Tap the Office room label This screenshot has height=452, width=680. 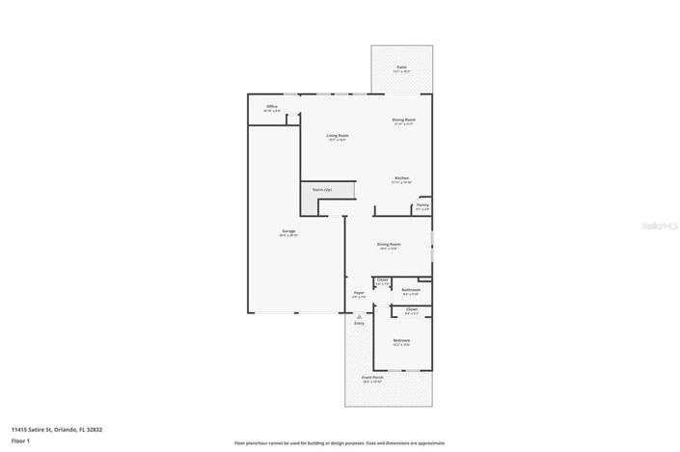click(272, 108)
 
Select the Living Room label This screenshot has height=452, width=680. click(338, 137)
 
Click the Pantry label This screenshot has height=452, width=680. click(422, 205)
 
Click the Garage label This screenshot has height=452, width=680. click(288, 232)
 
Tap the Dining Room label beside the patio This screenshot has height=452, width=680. click(403, 121)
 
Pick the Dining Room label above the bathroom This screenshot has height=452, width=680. click(389, 246)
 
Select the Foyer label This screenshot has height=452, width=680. click(358, 294)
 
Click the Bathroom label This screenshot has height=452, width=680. click(411, 291)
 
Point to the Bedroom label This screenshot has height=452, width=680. click(401, 342)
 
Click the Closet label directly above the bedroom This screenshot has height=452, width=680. click(412, 311)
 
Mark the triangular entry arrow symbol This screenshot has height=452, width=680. click(359, 315)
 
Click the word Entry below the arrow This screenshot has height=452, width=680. click(359, 324)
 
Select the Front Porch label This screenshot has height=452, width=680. click(372, 379)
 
